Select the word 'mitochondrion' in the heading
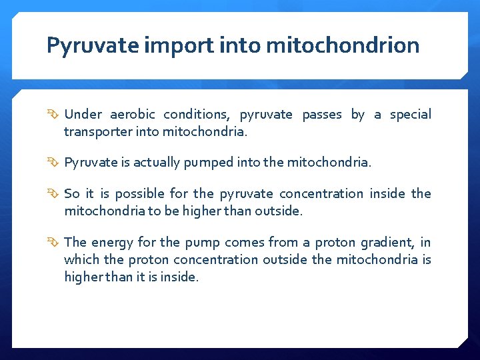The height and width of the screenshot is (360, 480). click(343, 45)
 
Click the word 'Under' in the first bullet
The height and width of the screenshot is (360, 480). click(83, 115)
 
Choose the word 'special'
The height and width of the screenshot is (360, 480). click(410, 115)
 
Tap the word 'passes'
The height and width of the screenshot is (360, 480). click(322, 115)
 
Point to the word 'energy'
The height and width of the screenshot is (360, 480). click(112, 242)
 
